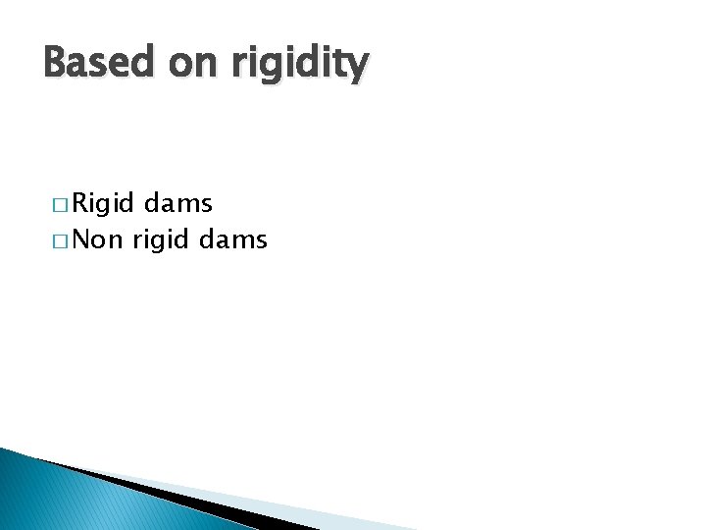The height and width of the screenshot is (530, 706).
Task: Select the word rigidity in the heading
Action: tap(299, 66)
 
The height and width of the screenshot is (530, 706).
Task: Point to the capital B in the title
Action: tap(55, 64)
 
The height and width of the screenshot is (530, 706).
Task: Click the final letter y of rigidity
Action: tap(358, 70)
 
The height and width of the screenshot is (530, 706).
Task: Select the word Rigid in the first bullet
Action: tap(104, 204)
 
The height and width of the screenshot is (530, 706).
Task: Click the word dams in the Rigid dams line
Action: tap(178, 203)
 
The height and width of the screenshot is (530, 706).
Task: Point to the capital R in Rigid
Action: tap(81, 203)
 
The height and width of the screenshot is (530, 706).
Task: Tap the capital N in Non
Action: tap(81, 239)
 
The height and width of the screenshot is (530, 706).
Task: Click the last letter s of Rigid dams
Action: tap(206, 205)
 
